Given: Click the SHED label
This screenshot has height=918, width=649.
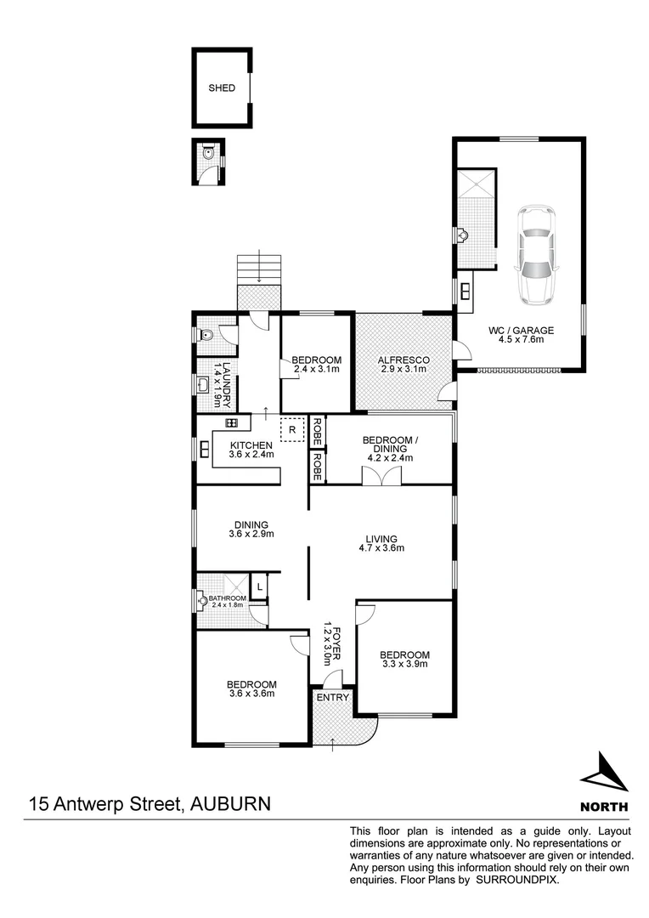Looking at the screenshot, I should click(x=221, y=88).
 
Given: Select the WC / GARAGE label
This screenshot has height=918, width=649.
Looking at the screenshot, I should click(x=521, y=330).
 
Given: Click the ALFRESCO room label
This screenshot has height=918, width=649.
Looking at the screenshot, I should click(x=404, y=360).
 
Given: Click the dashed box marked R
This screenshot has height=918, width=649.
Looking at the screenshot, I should click(x=291, y=430).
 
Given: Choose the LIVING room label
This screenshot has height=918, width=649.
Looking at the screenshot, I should click(x=381, y=537).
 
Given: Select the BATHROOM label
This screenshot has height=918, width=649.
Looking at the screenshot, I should click(x=227, y=598).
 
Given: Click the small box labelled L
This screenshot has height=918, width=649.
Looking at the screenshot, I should click(x=260, y=585).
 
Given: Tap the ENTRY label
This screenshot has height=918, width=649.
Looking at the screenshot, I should click(x=332, y=698).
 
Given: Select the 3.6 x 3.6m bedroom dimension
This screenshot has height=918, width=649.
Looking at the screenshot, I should click(x=251, y=694).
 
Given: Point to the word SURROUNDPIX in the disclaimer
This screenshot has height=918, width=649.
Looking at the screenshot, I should click(x=517, y=881).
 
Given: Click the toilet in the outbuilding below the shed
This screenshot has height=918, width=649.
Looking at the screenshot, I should click(x=208, y=156).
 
